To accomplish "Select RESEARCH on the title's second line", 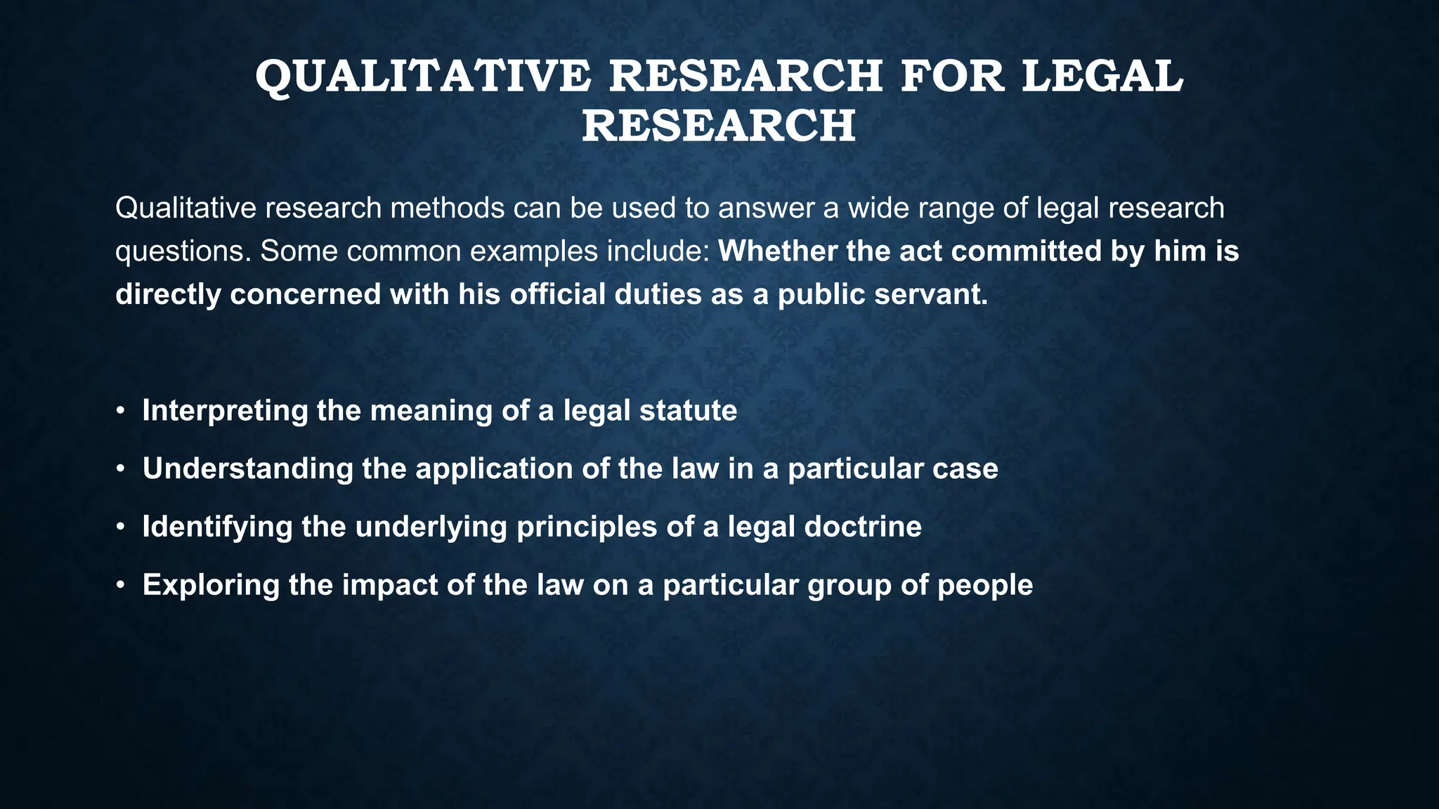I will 718,126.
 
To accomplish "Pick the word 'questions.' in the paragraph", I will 183,251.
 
